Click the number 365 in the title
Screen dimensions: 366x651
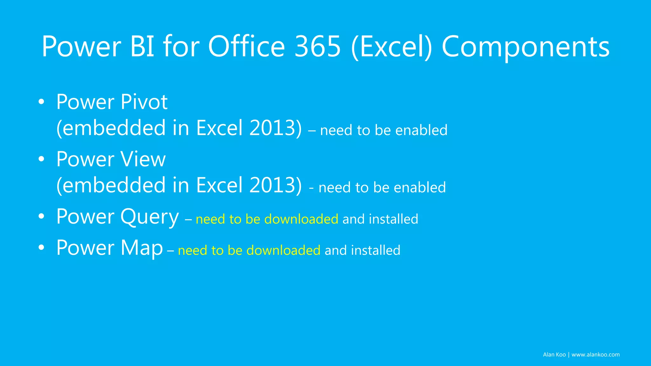[x=317, y=47]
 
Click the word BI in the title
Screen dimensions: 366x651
[x=142, y=47]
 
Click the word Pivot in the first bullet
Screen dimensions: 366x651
[x=144, y=102]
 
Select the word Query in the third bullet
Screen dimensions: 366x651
[x=149, y=217]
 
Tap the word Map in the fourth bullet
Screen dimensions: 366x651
[x=141, y=248]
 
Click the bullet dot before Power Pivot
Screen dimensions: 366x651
[x=41, y=102]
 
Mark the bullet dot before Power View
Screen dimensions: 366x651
[x=41, y=159]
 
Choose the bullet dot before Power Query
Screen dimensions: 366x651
[x=41, y=216]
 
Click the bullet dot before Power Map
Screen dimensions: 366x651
[x=41, y=247]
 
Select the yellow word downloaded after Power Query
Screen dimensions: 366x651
[x=301, y=219]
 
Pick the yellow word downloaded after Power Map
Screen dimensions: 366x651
[x=283, y=250]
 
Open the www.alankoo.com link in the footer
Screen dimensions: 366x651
[x=595, y=355]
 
